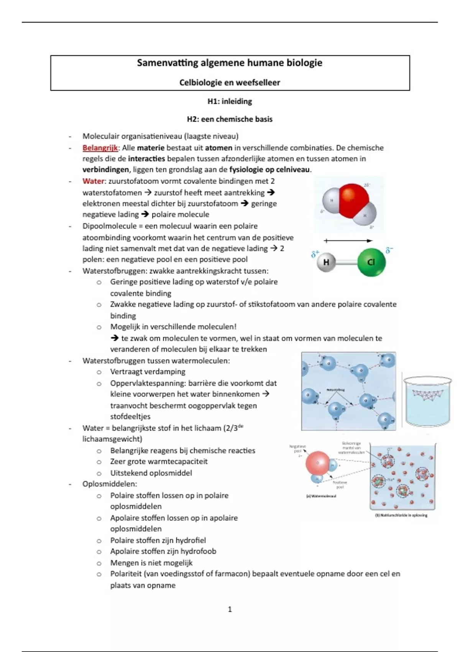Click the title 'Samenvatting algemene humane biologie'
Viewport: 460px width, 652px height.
point(230,63)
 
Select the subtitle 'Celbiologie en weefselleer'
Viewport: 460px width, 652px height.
point(230,82)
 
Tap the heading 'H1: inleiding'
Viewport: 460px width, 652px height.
point(230,102)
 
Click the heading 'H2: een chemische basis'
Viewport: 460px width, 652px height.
point(230,119)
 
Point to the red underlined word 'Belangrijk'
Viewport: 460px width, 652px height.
point(100,148)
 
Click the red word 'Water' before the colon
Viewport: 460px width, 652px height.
point(93,181)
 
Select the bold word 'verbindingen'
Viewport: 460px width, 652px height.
point(105,170)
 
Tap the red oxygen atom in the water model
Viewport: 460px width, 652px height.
point(353,199)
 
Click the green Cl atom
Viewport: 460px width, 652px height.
point(371,262)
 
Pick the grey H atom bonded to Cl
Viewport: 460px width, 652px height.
point(326,262)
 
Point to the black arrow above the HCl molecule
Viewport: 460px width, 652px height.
point(348,241)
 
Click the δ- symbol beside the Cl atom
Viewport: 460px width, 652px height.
point(389,251)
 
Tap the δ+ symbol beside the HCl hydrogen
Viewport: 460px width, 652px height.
point(315,254)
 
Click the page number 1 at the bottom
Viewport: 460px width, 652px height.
point(230,609)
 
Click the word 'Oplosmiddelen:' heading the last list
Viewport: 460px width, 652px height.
point(110,484)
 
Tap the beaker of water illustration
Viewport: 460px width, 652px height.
point(427,401)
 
